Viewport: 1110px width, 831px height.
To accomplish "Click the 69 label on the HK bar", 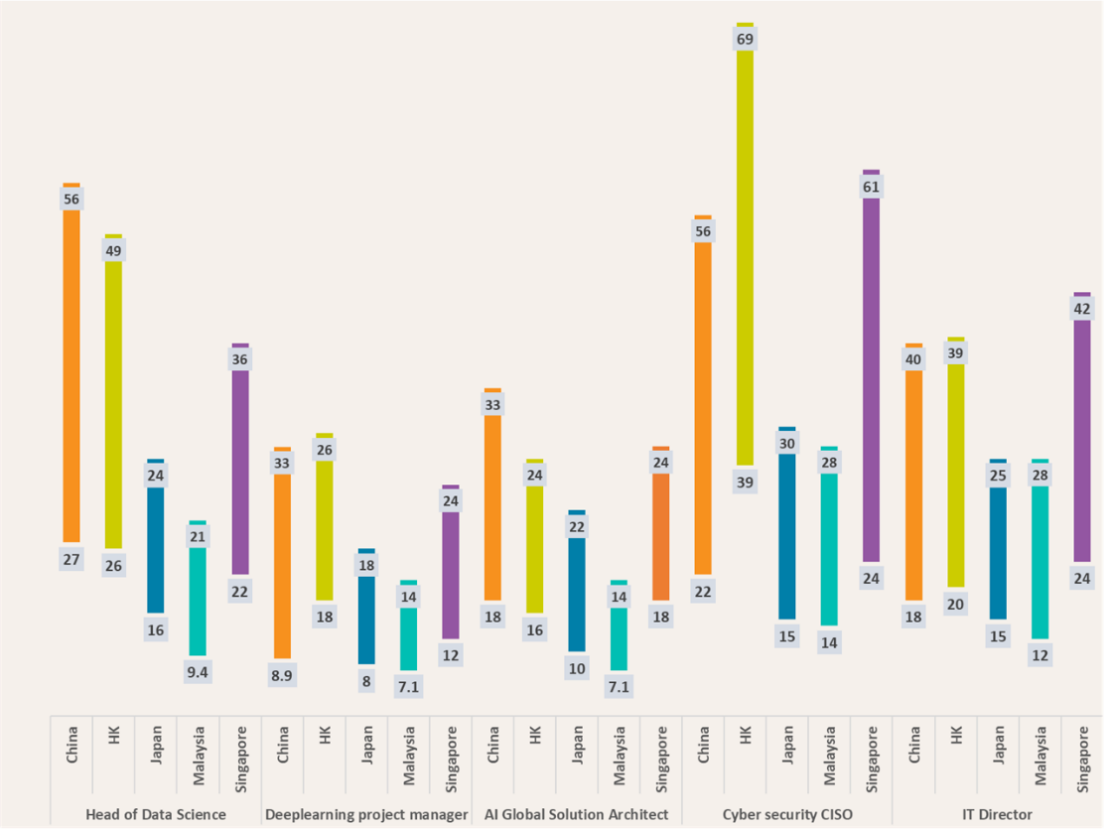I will (745, 40).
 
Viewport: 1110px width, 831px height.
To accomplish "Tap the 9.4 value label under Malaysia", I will (198, 672).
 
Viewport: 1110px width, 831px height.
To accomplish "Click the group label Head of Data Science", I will (156, 814).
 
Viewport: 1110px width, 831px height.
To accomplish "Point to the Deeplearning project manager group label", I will (366, 814).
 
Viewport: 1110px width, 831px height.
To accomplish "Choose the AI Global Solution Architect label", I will (577, 814).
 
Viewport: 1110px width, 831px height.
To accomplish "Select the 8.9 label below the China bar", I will (282, 675).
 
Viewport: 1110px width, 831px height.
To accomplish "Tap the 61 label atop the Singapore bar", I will (871, 187).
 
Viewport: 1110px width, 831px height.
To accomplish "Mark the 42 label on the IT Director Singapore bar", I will (1081, 309).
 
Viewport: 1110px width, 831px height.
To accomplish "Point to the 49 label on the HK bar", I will (113, 251).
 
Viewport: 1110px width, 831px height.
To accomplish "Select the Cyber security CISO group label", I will (787, 814).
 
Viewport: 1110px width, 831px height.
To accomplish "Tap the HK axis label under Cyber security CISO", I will (746, 739).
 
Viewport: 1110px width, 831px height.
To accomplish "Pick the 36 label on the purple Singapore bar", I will (239, 359).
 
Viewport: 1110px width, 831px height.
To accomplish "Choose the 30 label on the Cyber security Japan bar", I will (787, 444).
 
